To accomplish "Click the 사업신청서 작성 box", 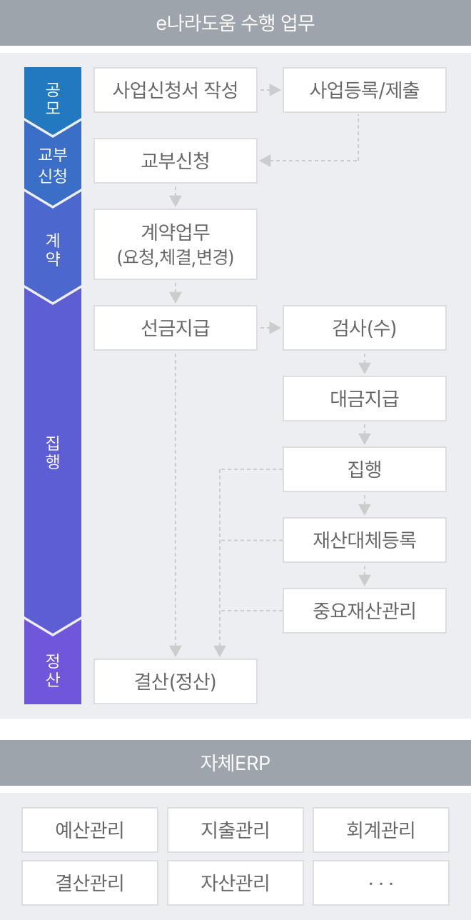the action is pos(176,90).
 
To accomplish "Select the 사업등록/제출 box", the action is pos(365,90).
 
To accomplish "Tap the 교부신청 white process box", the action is pos(176,161).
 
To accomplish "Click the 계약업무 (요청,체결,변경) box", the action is pos(176,244).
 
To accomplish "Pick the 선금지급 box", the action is pos(176,328).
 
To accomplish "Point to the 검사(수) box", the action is pos(365,328).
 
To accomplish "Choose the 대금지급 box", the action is pos(365,399).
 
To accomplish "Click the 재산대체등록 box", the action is pos(365,540).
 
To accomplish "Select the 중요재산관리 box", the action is pos(365,611).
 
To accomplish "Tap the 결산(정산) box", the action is pos(176,681).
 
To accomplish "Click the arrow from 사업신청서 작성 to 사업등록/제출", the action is pos(270,90).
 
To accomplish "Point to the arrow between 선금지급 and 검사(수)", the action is pos(270,328).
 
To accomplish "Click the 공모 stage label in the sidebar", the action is pos(53,98).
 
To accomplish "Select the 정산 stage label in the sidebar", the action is pos(53,670).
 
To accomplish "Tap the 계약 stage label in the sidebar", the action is pos(53,249).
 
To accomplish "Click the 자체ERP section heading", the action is pos(235,763).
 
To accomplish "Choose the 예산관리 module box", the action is pos(90,830).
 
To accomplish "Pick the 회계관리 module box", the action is pos(381,830).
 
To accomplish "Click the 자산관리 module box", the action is pos(235,883).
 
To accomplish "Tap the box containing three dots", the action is pos(381,883).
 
